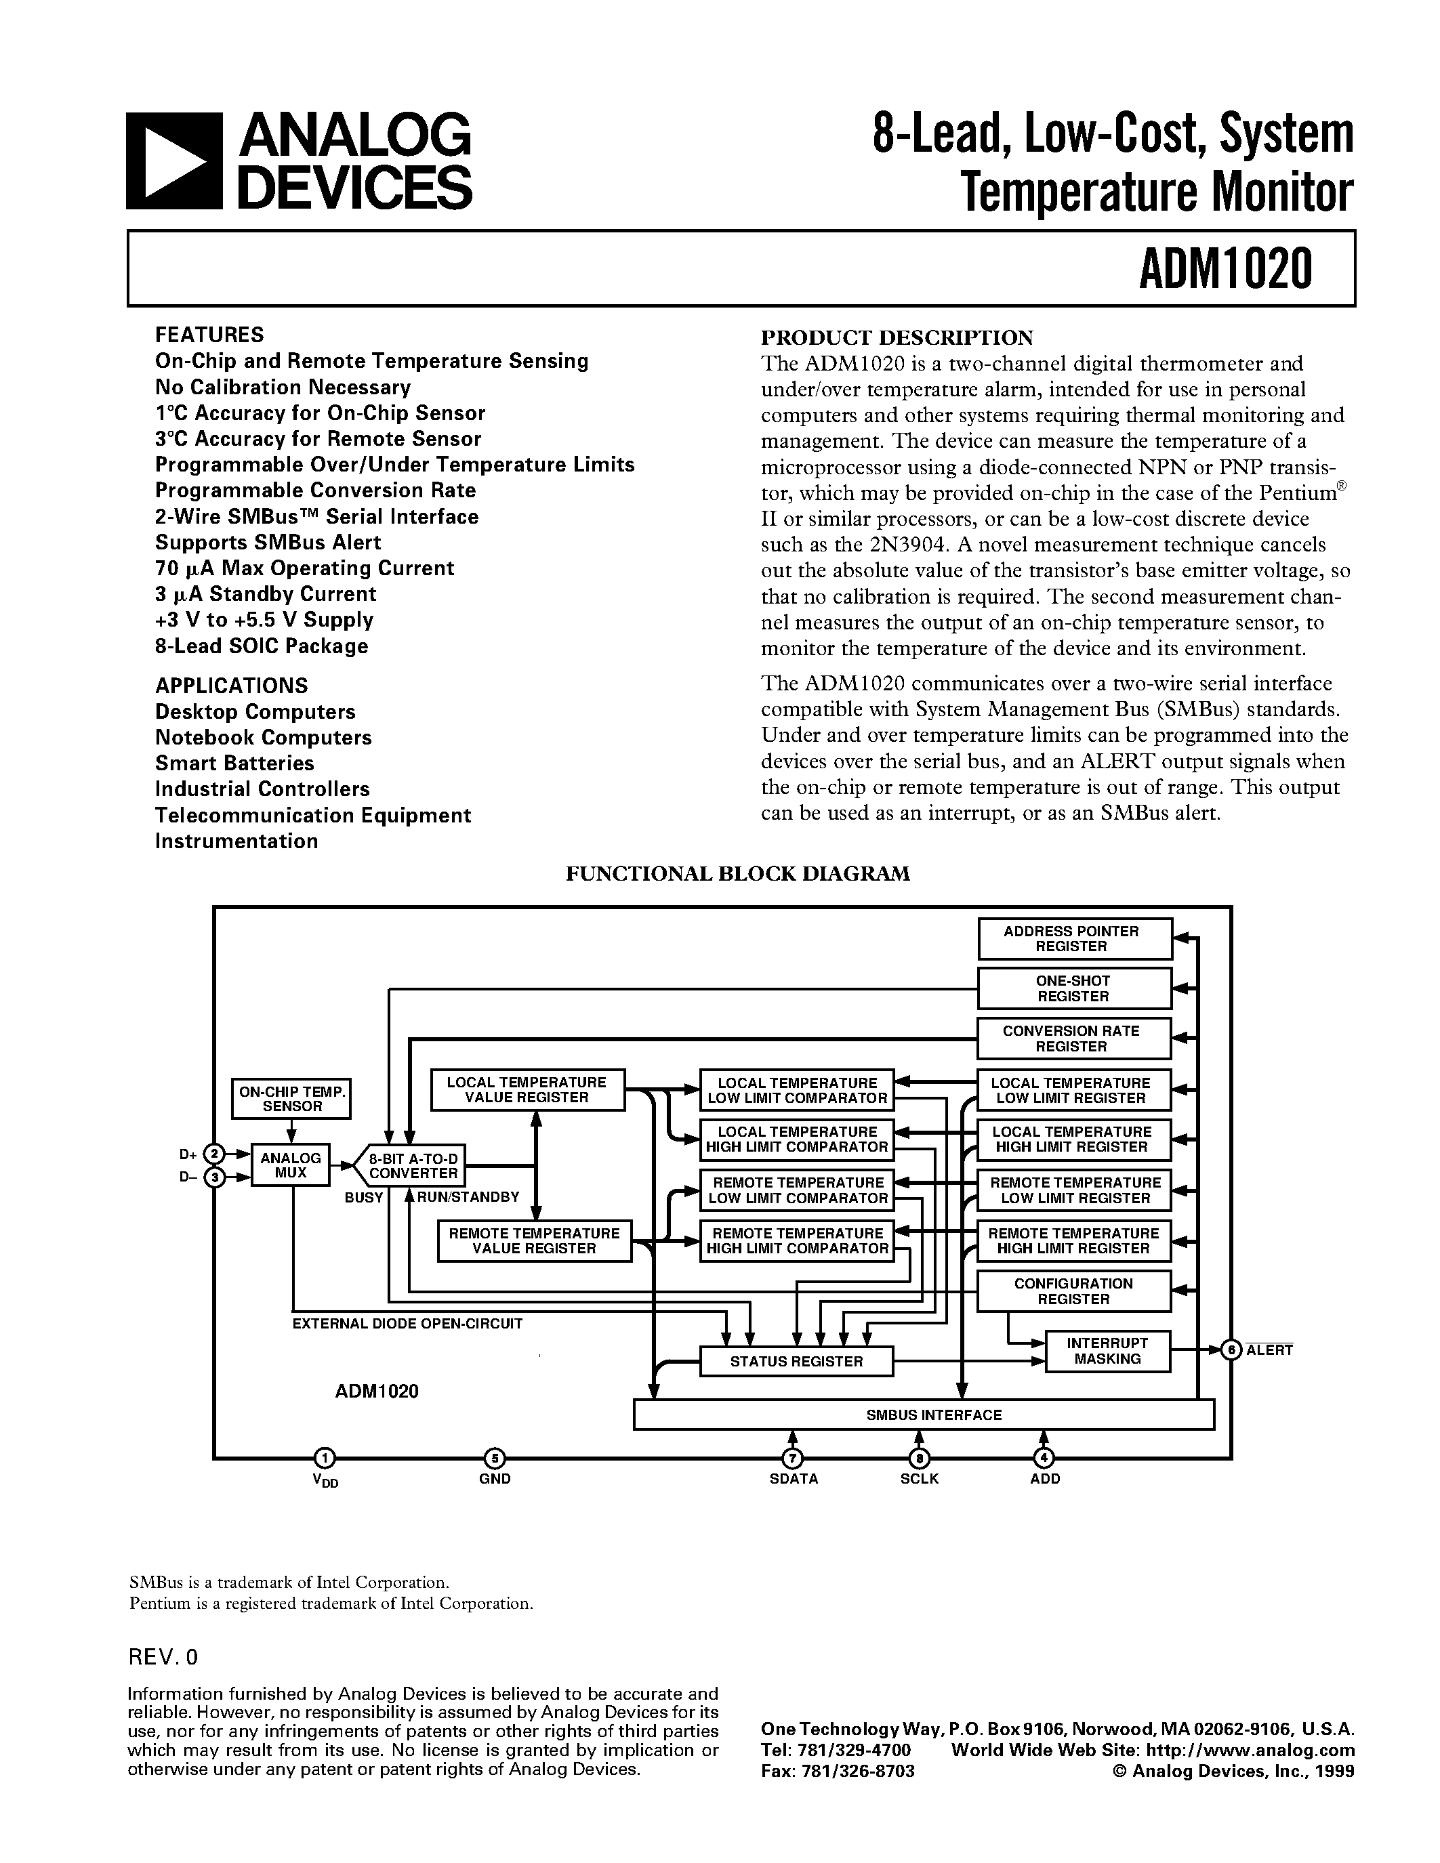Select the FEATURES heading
tap(209, 335)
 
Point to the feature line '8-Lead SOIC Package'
tap(261, 646)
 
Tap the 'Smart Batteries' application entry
tap(234, 763)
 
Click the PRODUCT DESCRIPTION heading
tap(897, 337)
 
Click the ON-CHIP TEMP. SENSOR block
tap(292, 1099)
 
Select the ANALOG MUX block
tap(290, 1165)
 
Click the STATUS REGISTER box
tap(796, 1362)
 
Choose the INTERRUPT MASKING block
tap(1107, 1352)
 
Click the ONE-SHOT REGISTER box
tap(1073, 988)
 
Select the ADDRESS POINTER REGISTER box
tap(1073, 938)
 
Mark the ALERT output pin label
tap(1270, 1350)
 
